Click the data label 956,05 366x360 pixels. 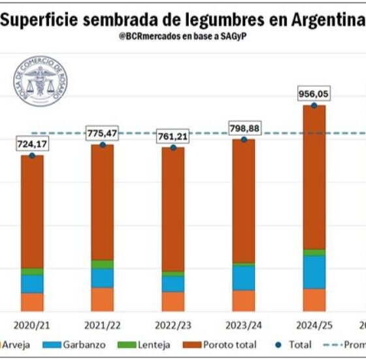(x=314, y=95)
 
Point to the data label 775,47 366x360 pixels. (x=103, y=133)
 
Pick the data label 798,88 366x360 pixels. (x=244, y=129)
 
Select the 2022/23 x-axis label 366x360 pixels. (x=173, y=325)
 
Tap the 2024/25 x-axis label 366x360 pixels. (x=314, y=325)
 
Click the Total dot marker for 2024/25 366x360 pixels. (x=314, y=105)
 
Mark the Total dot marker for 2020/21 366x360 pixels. (x=32, y=155)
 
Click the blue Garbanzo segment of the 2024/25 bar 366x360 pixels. (x=314, y=272)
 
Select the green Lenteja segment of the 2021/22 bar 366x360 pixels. (x=103, y=265)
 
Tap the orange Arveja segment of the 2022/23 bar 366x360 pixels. (x=173, y=301)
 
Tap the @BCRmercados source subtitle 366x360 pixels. (x=182, y=35)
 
